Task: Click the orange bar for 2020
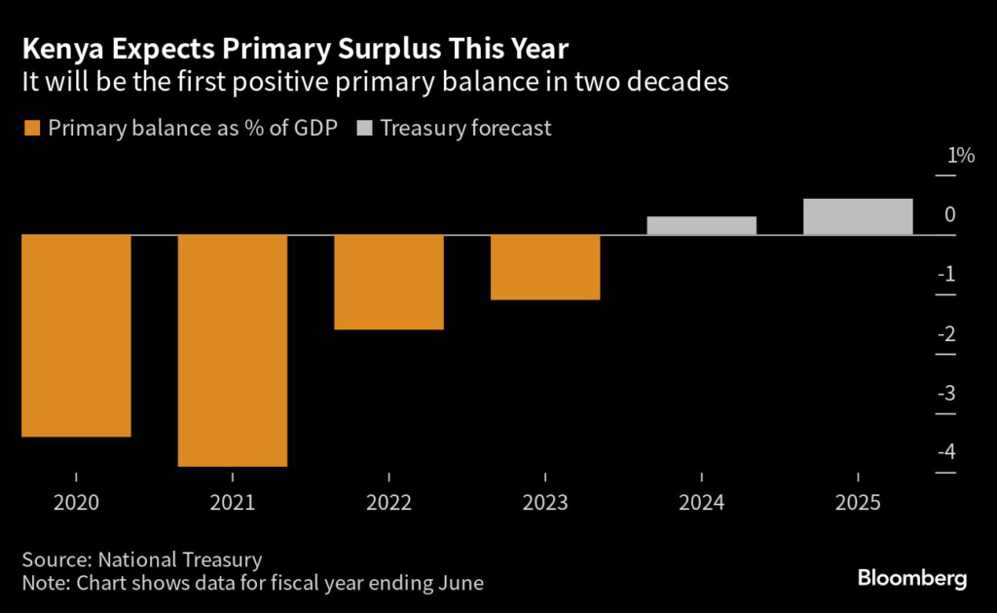pos(76,335)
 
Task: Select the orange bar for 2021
pos(232,351)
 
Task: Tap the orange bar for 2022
pos(388,282)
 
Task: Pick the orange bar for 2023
pos(544,267)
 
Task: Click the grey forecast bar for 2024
pos(701,225)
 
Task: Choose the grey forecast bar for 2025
pos(858,216)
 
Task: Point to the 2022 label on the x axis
pos(388,503)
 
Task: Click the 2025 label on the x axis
pos(858,503)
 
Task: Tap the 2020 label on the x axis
pos(76,503)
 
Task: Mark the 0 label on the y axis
pos(949,215)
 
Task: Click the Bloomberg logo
pos(912,579)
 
